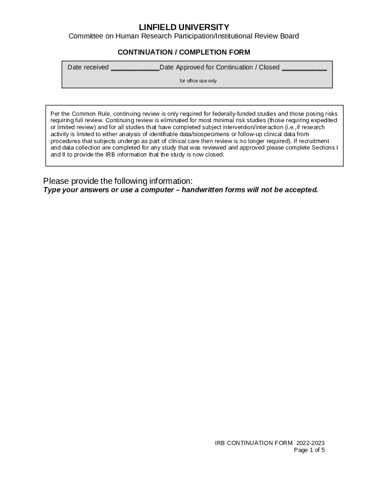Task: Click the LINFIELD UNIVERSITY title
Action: pyautogui.click(x=184, y=27)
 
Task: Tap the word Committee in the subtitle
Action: pyautogui.click(x=85, y=36)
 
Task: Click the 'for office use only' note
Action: pyautogui.click(x=198, y=81)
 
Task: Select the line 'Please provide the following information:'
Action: pyautogui.click(x=118, y=181)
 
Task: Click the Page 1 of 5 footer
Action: pyautogui.click(x=309, y=450)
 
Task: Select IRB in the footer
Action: pyautogui.click(x=220, y=443)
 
